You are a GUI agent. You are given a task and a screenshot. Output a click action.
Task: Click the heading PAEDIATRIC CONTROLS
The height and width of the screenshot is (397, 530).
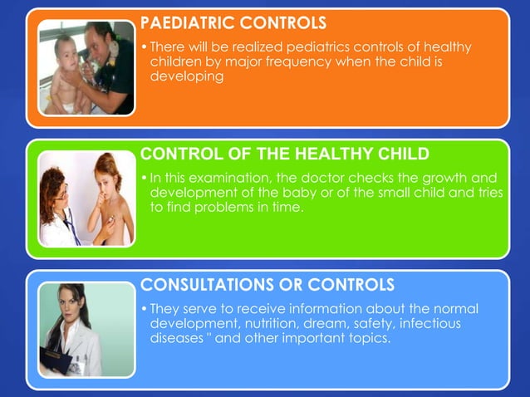click(233, 21)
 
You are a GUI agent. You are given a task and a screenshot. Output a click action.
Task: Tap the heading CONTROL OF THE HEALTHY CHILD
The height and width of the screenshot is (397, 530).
click(285, 154)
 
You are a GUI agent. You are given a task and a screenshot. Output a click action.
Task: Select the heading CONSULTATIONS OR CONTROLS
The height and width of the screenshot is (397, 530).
click(267, 286)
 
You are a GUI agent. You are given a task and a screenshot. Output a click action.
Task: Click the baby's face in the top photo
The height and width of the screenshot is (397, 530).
click(65, 48)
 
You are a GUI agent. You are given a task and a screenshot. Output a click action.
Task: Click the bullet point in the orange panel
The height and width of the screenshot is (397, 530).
click(145, 47)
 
